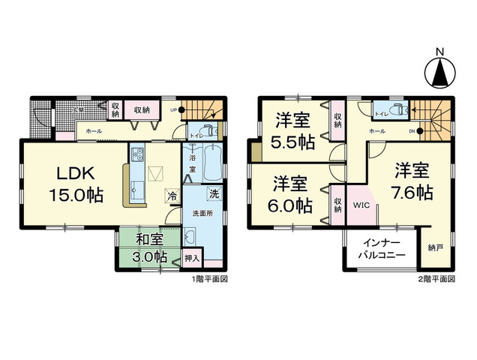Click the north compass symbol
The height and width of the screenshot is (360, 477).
(x=439, y=70)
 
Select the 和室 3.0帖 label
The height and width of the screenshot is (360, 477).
(x=151, y=248)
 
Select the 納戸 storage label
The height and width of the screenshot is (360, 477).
(x=436, y=247)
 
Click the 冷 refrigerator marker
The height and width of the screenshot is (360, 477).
(x=172, y=196)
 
